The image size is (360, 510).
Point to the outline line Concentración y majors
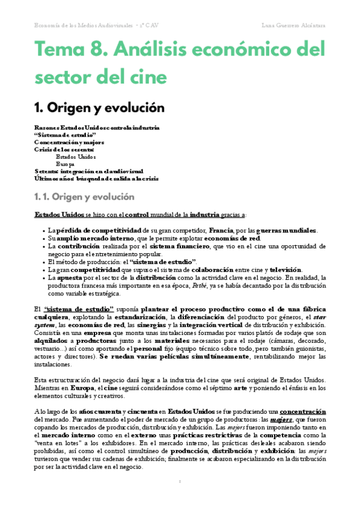tap(69, 143)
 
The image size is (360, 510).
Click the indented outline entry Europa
tap(66, 164)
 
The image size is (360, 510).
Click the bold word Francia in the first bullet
tap(221, 230)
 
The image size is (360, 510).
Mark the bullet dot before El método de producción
tap(44, 262)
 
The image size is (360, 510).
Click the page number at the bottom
tap(180, 481)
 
